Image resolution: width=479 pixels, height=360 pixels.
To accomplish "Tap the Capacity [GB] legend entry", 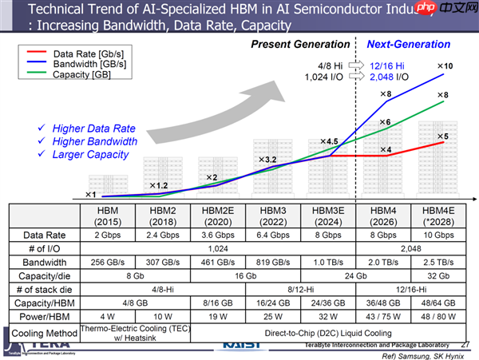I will coord(81,74).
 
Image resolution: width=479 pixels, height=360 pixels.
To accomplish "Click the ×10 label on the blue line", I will coord(444,65).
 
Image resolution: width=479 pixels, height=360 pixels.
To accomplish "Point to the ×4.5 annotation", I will coord(329,141).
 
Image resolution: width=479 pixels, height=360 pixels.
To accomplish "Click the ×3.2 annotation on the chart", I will coord(265,160).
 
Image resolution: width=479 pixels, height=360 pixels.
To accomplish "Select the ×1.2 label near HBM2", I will coord(156,186).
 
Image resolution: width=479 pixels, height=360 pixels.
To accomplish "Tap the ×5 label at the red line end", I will coord(441,136).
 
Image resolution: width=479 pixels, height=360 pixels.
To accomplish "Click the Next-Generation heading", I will coord(408,45).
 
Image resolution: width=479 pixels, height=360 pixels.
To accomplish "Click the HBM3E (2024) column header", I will coord(323,216).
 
